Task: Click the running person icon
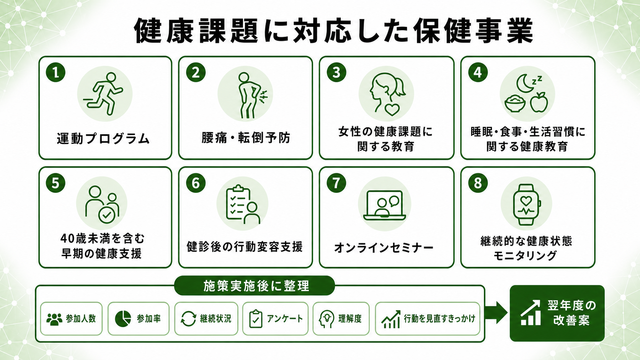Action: [103, 94]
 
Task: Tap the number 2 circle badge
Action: [196, 72]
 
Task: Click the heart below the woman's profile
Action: [392, 110]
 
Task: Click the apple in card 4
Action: [539, 102]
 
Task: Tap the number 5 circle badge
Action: [56, 183]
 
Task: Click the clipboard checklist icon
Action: [243, 204]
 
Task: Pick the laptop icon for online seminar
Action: [385, 205]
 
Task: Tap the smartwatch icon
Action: [526, 205]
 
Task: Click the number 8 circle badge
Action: [478, 183]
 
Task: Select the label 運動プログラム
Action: [103, 139]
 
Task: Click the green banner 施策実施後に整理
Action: [254, 285]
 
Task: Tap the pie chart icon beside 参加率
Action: [123, 319]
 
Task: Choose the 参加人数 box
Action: [72, 319]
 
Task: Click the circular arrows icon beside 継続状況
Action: [188, 319]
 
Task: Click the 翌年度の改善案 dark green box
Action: [557, 313]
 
